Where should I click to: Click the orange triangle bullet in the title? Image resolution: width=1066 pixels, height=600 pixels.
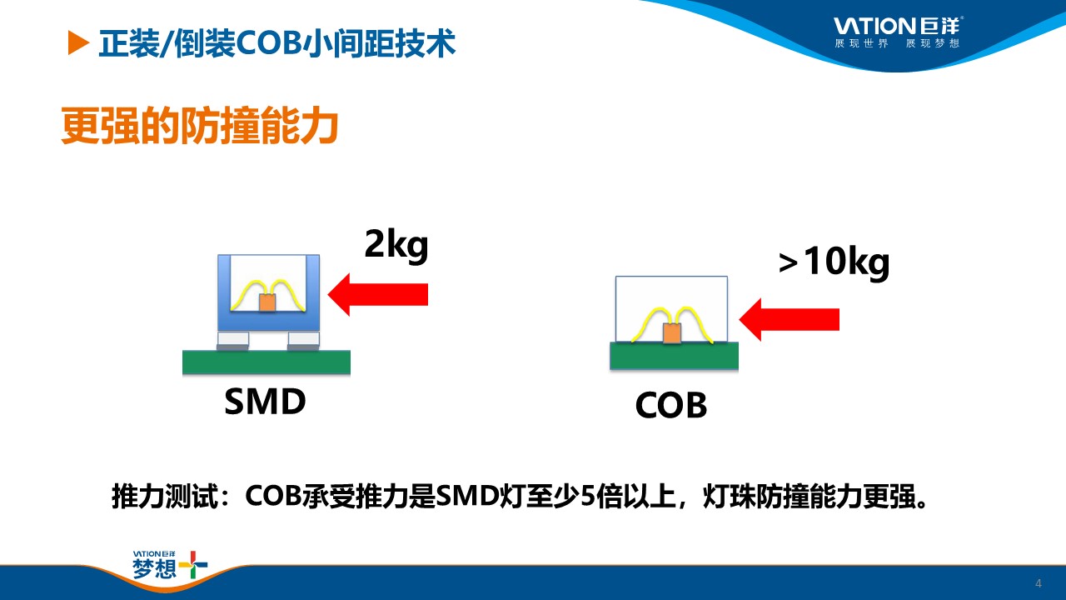point(78,42)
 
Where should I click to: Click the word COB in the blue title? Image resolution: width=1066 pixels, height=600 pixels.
point(269,43)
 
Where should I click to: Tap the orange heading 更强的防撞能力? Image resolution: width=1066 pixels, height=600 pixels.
point(200,126)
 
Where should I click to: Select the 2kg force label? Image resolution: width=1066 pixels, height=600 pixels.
point(396,245)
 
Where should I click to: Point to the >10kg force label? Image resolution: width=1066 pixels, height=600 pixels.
point(834,262)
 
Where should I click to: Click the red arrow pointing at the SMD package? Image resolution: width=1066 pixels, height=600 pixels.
point(378,294)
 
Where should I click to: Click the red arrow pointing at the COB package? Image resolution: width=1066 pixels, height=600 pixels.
point(789,319)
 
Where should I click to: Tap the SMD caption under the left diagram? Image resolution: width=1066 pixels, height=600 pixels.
point(265,402)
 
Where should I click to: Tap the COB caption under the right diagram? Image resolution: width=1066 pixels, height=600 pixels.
point(671,405)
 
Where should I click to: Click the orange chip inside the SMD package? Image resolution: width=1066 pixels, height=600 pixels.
point(267,302)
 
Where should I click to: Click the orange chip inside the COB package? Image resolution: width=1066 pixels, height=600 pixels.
point(672,332)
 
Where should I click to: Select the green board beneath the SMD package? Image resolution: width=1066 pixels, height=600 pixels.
point(266,362)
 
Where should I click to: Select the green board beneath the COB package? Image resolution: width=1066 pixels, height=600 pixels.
point(675,355)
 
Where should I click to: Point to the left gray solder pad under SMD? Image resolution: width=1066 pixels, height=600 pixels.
point(232,341)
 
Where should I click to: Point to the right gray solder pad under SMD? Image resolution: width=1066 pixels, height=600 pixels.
point(304,341)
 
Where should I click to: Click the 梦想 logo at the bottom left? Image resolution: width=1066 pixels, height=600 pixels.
point(170,565)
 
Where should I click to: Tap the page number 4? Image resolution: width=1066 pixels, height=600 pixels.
point(1039,583)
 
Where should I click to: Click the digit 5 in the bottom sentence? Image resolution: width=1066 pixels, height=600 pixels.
point(588,497)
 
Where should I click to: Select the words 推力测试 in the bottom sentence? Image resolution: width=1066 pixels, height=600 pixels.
point(165,497)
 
